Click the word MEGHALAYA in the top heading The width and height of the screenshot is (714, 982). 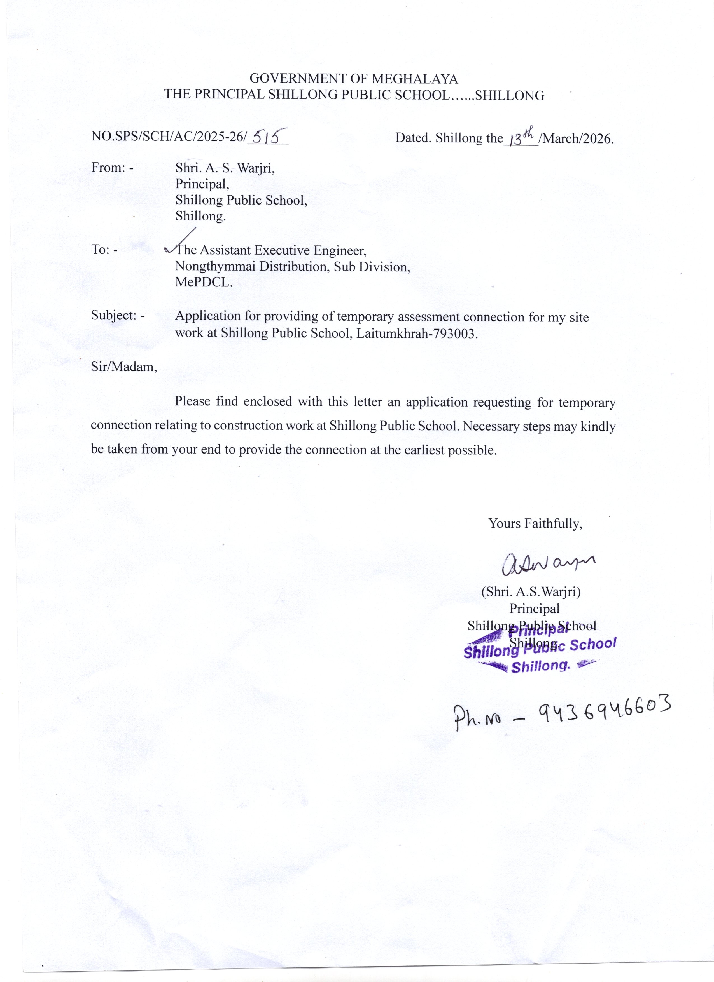tap(415, 79)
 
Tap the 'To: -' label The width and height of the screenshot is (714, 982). tap(104, 250)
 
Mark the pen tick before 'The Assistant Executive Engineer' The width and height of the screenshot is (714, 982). tap(179, 243)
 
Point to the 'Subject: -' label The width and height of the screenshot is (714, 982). tap(118, 315)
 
